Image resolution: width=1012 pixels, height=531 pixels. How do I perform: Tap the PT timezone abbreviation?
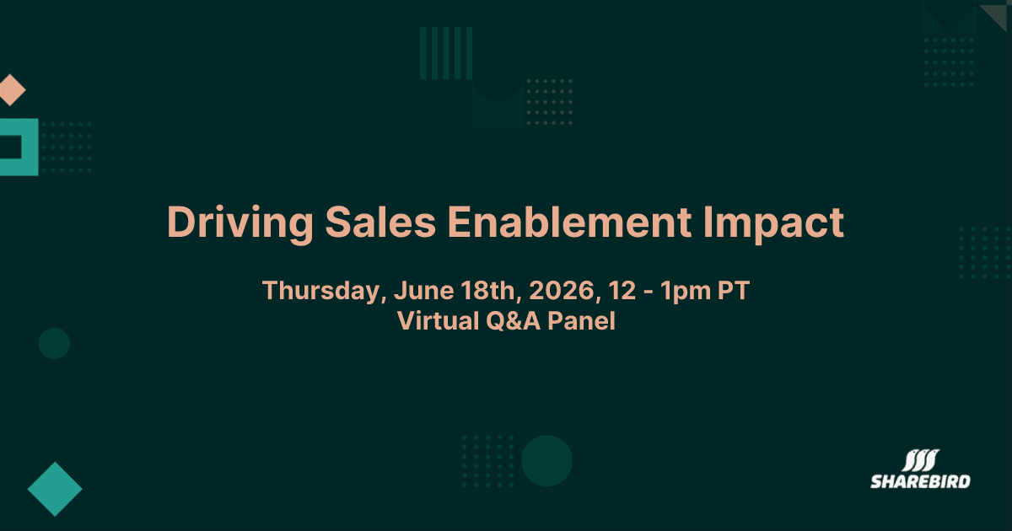tap(731, 292)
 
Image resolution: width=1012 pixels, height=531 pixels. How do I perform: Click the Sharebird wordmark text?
tap(920, 481)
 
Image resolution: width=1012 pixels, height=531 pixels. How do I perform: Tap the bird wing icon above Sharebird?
tap(921, 460)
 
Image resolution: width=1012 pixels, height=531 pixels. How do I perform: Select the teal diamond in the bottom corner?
tap(55, 489)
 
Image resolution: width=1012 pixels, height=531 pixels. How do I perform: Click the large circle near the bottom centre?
tap(546, 461)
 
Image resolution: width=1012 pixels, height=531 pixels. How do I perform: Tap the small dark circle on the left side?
tap(54, 343)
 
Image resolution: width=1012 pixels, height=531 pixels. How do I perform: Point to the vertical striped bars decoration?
tap(445, 52)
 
